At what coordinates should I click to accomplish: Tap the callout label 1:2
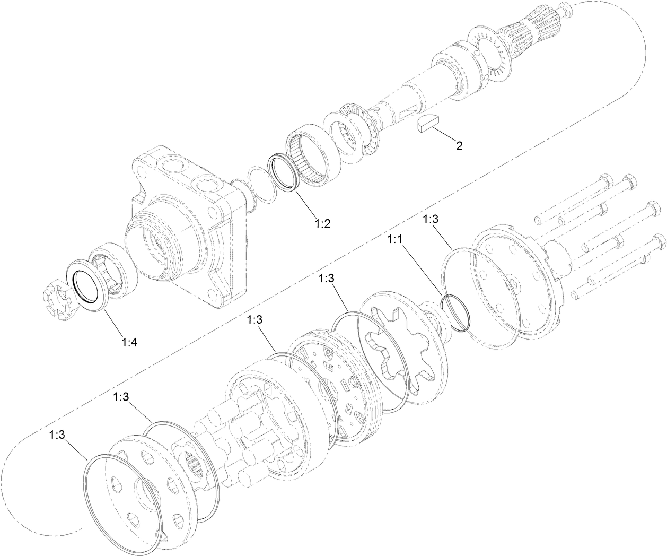[322, 223]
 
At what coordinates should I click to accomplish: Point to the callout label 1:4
[129, 342]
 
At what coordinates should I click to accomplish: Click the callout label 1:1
[396, 240]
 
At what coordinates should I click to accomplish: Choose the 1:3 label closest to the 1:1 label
[431, 219]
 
